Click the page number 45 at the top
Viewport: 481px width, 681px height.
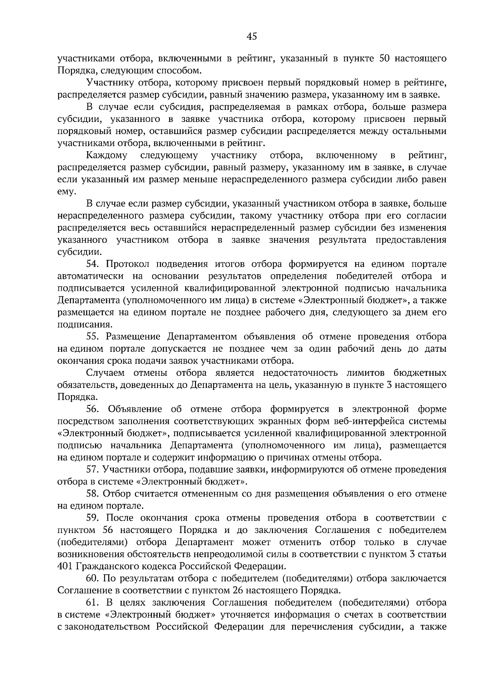(252, 37)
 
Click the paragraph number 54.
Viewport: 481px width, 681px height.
(94, 264)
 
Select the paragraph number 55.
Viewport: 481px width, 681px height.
(94, 336)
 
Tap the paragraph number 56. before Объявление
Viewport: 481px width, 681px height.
(94, 409)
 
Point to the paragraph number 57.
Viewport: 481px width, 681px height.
(94, 469)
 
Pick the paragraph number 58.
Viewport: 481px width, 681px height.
(94, 494)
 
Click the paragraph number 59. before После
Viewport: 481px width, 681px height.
(94, 518)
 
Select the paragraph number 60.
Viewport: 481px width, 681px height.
(94, 578)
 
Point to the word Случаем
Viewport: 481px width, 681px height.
(105, 373)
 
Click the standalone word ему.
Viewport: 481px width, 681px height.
(67, 192)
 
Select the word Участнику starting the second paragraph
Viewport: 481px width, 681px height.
(109, 83)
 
